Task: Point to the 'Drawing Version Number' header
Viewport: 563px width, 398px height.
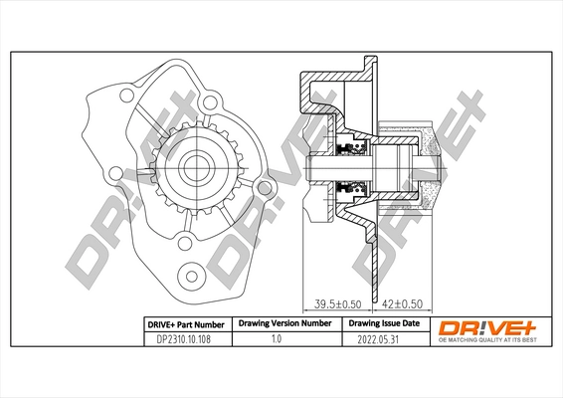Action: (283, 324)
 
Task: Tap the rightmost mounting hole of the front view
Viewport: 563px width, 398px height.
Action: (263, 187)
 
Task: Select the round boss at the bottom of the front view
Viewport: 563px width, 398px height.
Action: (189, 271)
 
